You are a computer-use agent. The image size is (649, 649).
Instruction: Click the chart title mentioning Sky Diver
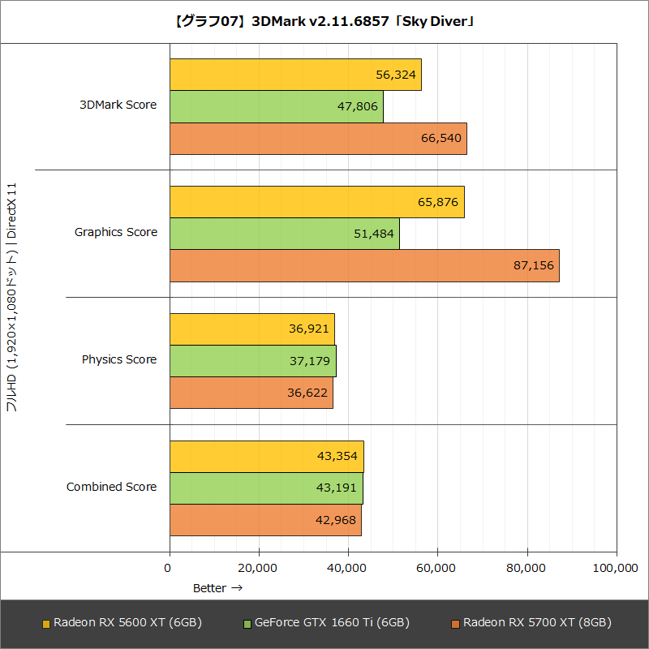coord(324,22)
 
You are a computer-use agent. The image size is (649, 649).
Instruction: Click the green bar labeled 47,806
coord(277,106)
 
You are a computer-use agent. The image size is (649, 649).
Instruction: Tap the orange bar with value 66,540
coord(318,139)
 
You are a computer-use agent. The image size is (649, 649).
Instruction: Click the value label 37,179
coord(310,361)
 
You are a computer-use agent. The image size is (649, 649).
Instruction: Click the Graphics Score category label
coord(116,233)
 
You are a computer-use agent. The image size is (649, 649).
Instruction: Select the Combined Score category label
coord(112,487)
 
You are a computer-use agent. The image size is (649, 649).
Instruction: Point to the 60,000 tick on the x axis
coord(437,569)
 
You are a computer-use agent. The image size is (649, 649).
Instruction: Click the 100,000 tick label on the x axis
coord(616,569)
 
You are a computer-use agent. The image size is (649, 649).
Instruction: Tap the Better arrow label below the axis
coord(217,588)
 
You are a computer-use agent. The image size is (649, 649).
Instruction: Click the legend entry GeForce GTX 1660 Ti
coord(326,623)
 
